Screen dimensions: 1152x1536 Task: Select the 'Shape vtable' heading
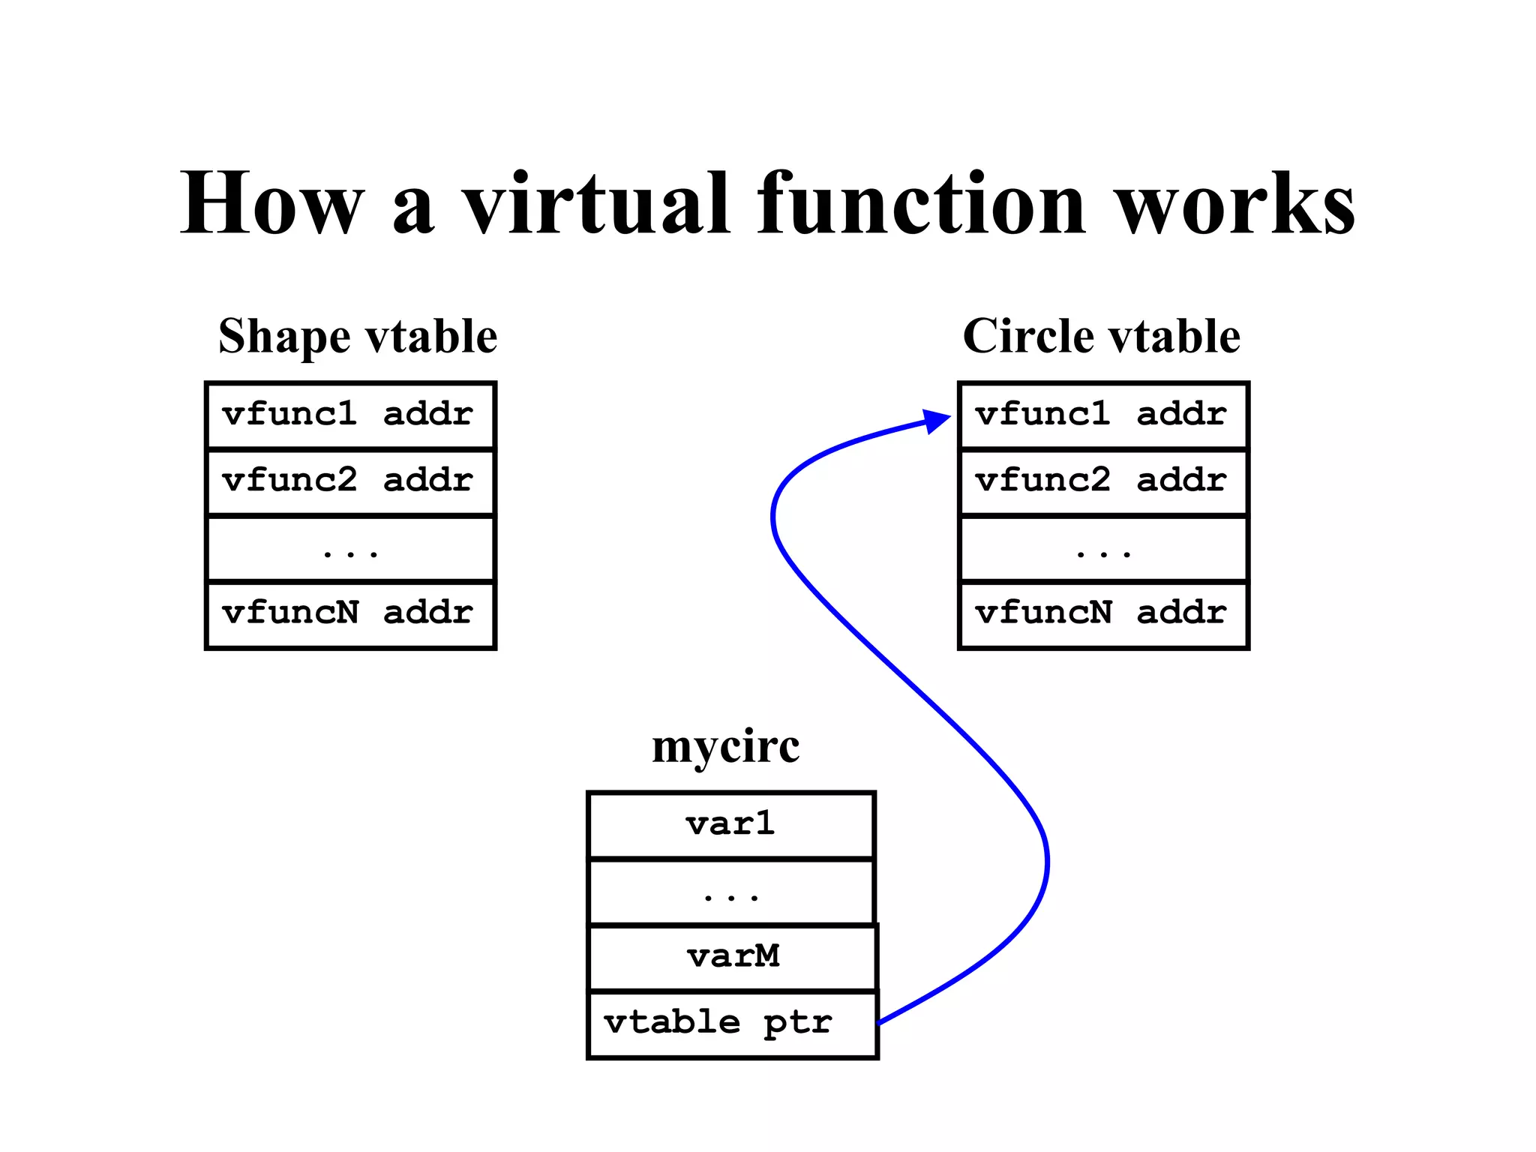[358, 336]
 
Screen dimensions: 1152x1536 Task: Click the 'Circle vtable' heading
[1101, 336]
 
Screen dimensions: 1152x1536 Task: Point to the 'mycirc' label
[725, 747]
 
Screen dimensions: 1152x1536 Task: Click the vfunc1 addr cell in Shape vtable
[350, 415]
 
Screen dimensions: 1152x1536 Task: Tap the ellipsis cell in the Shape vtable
[350, 548]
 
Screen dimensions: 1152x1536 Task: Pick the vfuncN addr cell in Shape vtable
[350, 614]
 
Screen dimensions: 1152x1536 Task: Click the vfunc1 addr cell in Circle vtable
[1103, 415]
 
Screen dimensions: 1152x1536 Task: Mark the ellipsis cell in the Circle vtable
[1103, 548]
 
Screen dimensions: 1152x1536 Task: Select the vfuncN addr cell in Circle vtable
[1103, 614]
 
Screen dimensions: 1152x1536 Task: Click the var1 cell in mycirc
[731, 825]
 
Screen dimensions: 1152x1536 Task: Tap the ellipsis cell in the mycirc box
[731, 892]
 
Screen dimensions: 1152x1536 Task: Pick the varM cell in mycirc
[733, 958]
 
